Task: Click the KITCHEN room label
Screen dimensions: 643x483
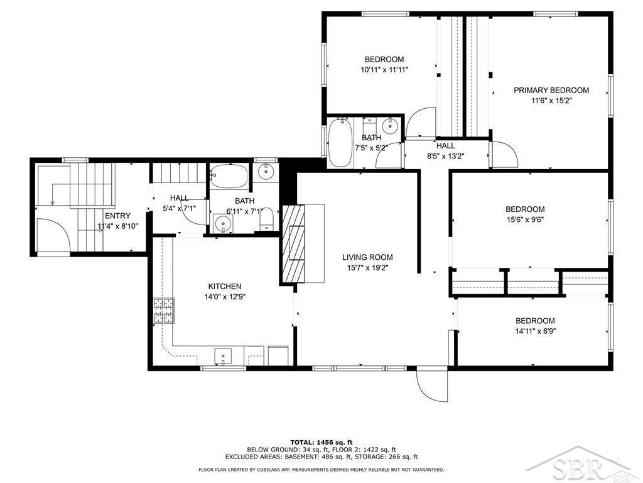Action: [225, 286]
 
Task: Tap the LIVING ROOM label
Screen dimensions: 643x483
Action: [367, 257]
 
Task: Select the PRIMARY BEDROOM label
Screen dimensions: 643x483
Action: [551, 91]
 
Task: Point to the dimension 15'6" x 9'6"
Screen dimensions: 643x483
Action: [525, 219]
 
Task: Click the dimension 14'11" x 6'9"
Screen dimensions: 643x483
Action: [535, 331]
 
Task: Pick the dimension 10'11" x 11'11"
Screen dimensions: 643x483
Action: [384, 70]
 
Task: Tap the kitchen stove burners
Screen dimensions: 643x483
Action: [164, 311]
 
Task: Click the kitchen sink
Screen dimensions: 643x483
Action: [223, 356]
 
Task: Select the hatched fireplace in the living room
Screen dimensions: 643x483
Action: [294, 244]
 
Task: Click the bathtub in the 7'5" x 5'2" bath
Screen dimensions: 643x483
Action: [340, 142]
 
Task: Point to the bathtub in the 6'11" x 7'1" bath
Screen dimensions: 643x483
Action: [229, 177]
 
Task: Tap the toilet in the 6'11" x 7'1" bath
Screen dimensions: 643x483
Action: [267, 219]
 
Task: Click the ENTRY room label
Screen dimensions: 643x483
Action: [117, 216]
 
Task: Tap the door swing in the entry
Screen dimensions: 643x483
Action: [51, 235]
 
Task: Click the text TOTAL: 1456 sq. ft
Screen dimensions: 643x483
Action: [321, 442]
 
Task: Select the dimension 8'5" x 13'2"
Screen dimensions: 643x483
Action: [446, 156]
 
